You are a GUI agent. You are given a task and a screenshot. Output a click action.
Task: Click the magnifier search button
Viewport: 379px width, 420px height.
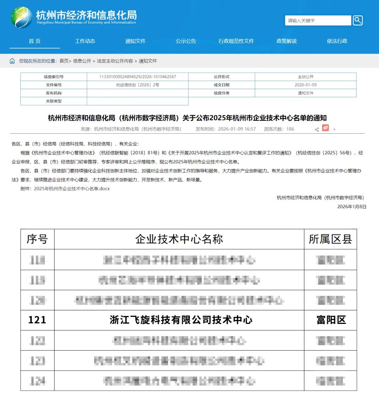pyautogui.click(x=358, y=20)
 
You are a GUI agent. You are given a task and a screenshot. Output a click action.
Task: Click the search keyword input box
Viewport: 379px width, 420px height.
pyautogui.click(x=318, y=20)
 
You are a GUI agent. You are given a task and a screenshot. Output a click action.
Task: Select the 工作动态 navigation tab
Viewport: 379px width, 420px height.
pyautogui.click(x=85, y=41)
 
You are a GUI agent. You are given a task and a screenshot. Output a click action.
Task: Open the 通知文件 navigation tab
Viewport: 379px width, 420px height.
pyautogui.click(x=135, y=41)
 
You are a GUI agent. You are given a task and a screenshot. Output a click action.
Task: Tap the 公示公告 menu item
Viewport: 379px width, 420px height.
pyautogui.click(x=186, y=41)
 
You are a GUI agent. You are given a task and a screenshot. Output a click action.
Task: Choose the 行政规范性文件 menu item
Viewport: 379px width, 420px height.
pyautogui.click(x=236, y=41)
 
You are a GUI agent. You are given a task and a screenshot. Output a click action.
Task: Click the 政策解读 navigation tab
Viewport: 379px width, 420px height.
pyautogui.click(x=287, y=41)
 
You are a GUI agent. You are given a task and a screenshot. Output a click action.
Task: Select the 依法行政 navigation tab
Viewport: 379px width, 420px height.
pyautogui.click(x=337, y=41)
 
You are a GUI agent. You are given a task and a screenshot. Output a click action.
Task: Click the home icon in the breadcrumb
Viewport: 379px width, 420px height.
pyautogui.click(x=12, y=61)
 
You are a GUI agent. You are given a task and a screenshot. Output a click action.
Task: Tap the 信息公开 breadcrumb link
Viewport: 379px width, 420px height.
pyautogui.click(x=82, y=61)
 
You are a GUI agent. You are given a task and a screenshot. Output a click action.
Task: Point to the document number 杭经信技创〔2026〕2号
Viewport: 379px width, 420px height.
pyautogui.click(x=138, y=85)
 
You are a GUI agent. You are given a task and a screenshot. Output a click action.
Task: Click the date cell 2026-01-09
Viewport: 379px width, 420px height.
pyautogui.click(x=305, y=85)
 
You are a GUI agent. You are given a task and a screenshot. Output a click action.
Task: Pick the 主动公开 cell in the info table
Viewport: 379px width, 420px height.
pyautogui.click(x=305, y=77)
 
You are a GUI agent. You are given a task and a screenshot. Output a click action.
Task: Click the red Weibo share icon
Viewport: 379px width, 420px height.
pyautogui.click(x=326, y=128)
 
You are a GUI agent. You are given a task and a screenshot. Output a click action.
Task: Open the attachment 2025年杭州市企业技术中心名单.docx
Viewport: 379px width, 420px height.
pyautogui.click(x=72, y=189)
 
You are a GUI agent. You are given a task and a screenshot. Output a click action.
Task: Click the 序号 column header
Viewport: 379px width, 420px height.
pyautogui.click(x=37, y=239)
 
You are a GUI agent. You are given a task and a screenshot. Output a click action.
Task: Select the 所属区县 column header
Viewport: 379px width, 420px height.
pyautogui.click(x=330, y=239)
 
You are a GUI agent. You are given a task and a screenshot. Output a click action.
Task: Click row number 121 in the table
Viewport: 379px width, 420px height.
pyautogui.click(x=37, y=320)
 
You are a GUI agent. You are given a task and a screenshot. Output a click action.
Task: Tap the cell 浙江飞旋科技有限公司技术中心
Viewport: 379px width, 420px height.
pyautogui.click(x=181, y=320)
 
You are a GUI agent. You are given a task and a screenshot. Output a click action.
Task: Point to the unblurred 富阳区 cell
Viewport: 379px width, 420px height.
pyautogui.click(x=331, y=320)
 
